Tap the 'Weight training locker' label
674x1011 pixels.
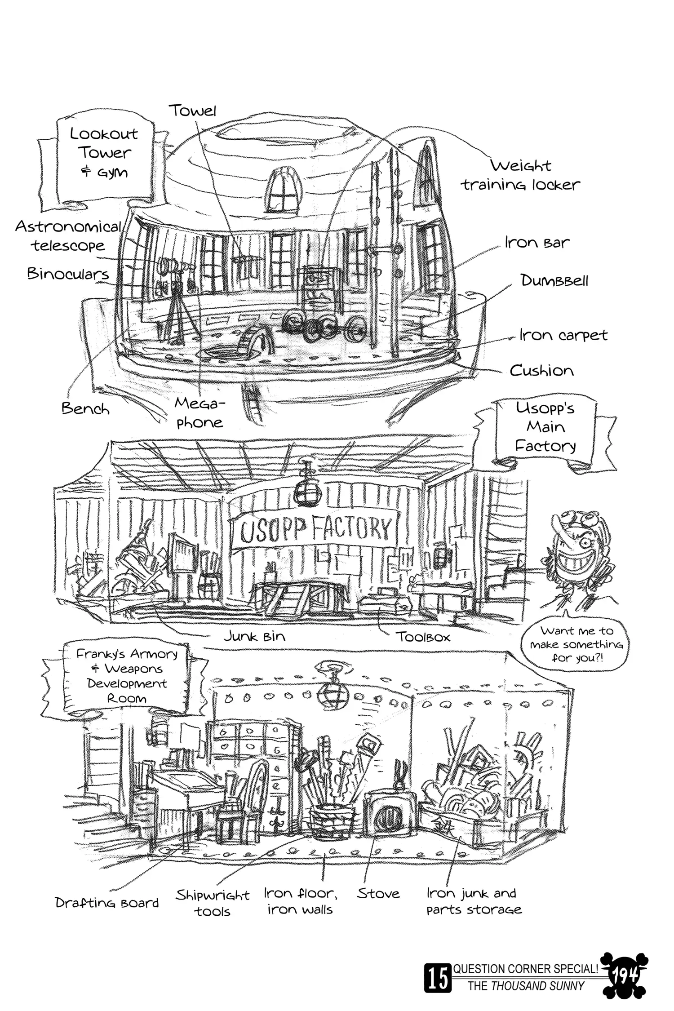click(x=521, y=175)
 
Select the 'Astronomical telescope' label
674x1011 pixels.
click(x=68, y=236)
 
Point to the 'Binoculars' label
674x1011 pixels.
click(x=68, y=274)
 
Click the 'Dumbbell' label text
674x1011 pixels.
click(x=554, y=281)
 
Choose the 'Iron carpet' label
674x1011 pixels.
click(x=563, y=335)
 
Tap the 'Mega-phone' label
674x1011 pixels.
click(x=199, y=412)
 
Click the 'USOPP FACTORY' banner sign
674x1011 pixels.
click(x=314, y=529)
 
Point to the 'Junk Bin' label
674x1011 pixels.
click(x=254, y=636)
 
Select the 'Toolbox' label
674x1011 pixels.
click(x=422, y=637)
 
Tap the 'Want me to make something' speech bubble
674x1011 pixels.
click(x=576, y=644)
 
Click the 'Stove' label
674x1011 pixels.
click(x=378, y=893)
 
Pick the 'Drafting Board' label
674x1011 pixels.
click(x=107, y=902)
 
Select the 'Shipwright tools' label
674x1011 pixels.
click(x=213, y=903)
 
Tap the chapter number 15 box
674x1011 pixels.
click(x=437, y=980)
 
